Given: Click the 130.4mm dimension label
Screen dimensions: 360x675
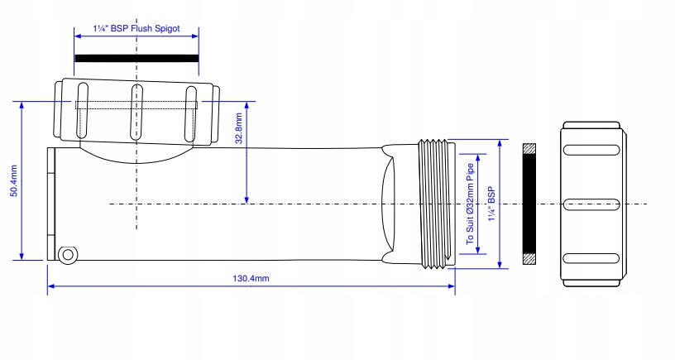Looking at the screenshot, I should click(x=251, y=279).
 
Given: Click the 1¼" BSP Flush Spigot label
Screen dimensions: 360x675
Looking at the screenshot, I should click(x=136, y=28).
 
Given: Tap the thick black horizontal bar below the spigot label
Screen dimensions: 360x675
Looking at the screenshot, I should click(x=136, y=59).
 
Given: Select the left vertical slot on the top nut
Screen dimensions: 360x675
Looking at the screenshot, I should click(x=80, y=111).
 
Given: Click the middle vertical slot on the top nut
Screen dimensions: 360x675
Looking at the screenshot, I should click(x=136, y=112).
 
